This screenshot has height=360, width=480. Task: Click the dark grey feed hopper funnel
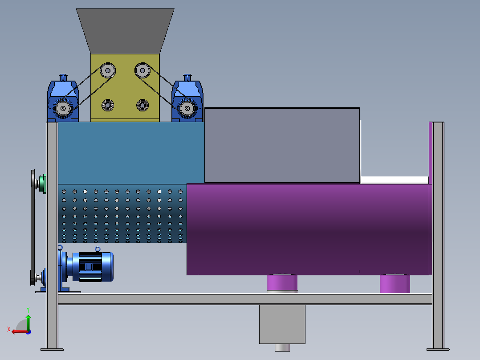125,31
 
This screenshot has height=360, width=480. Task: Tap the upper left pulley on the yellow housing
108,70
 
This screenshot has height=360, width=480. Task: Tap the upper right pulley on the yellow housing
142,70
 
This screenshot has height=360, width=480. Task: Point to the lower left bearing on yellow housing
108,106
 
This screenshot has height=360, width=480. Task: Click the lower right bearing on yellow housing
142,106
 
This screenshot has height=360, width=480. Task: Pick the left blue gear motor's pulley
63,108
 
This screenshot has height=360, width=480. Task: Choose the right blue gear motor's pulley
187,108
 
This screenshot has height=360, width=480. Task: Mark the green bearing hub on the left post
43,184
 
